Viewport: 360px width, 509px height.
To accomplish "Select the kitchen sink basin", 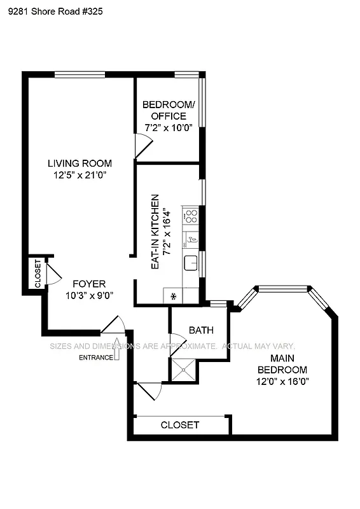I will coord(190,262).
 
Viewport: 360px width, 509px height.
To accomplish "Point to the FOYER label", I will coord(88,284).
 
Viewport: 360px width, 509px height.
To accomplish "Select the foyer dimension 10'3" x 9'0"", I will coord(88,295).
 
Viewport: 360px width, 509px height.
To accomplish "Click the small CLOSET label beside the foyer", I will coord(38,273).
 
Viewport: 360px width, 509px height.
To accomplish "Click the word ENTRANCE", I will coord(95,358).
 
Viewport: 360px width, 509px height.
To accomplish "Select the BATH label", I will coord(201,331).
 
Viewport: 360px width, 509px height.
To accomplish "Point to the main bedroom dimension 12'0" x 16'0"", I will coord(280,382).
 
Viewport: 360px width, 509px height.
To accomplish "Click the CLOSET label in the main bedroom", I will coord(179,425).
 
